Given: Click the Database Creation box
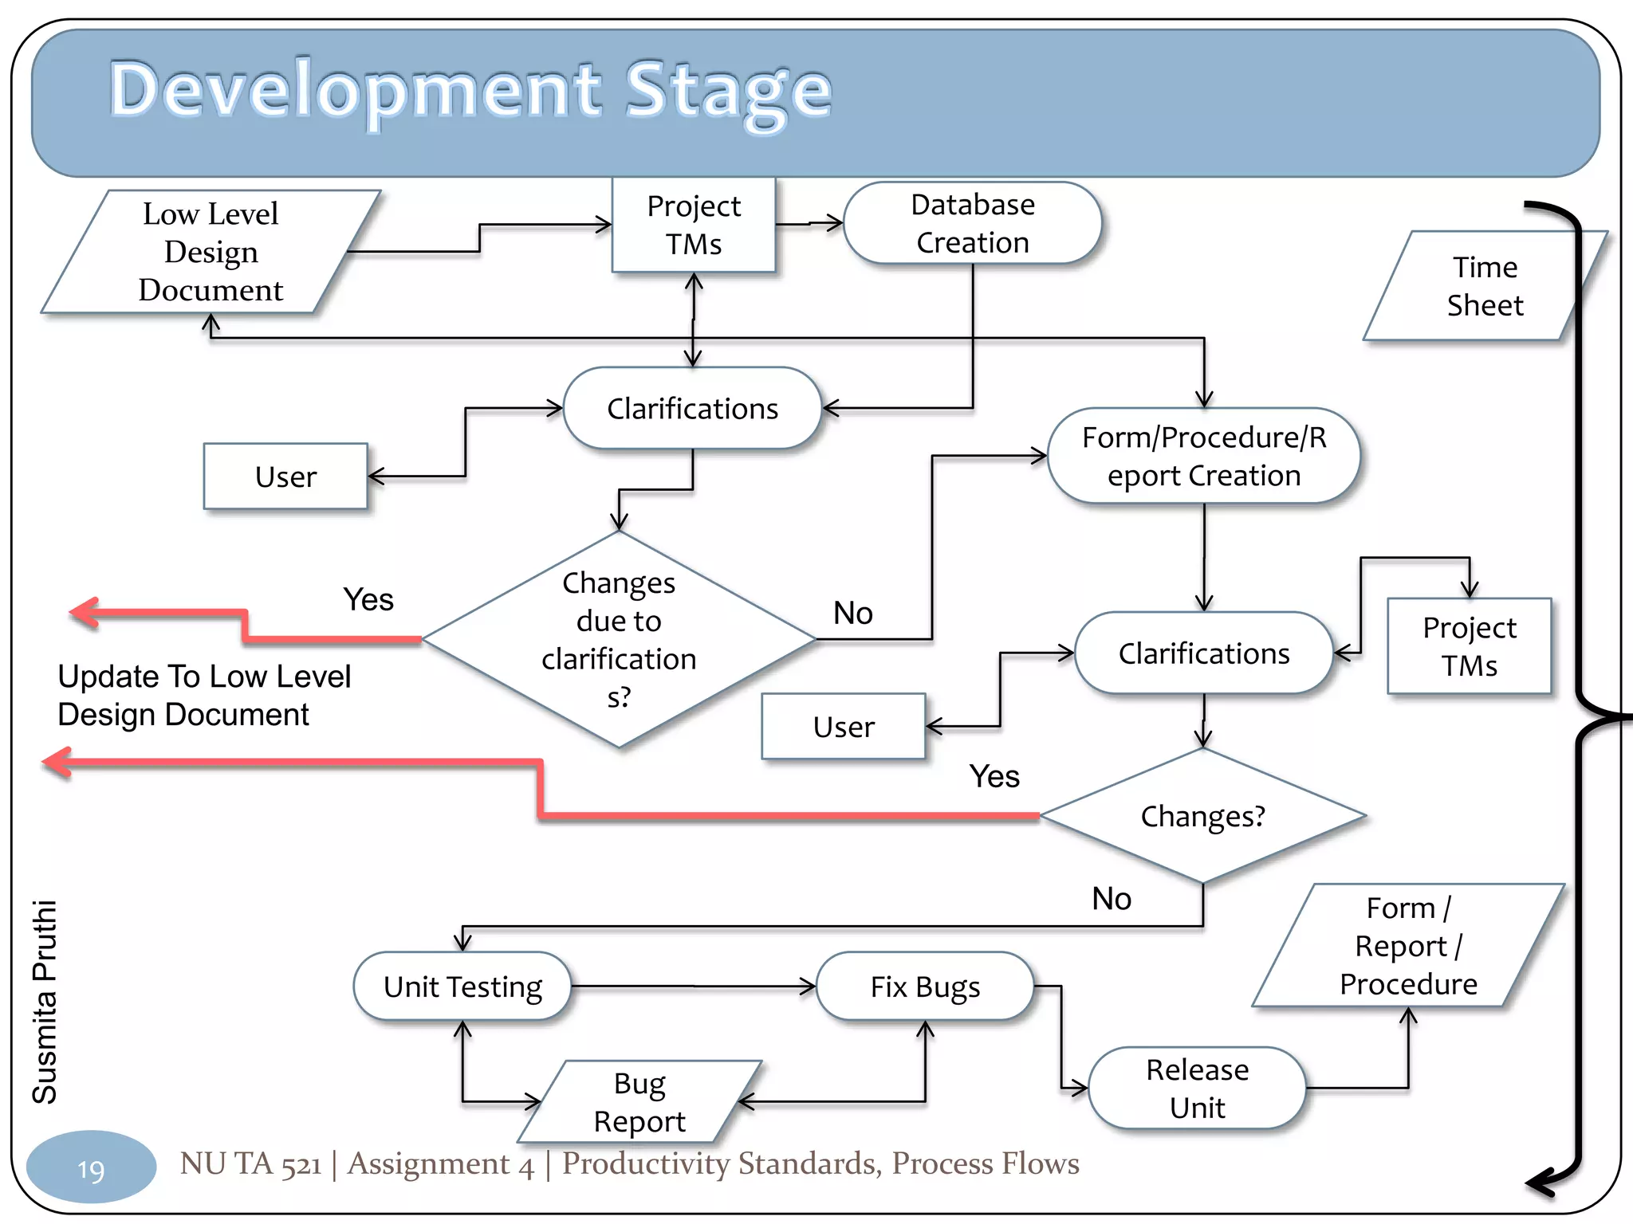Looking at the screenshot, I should [972, 223].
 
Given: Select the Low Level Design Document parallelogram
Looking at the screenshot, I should [211, 252].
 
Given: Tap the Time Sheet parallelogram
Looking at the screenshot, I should [1484, 286].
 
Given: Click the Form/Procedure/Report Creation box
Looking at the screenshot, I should [1203, 456].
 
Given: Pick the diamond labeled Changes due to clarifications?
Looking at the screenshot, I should [619, 639].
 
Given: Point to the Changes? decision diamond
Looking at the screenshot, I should [1202, 816].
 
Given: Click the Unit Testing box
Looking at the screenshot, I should [462, 987].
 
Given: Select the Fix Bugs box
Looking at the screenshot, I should [925, 987].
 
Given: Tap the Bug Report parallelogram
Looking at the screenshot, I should [639, 1102].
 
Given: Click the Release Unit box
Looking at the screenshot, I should [1197, 1088].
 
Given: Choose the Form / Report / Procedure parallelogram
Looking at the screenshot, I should [1408, 946].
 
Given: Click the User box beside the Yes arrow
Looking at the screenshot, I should [844, 727].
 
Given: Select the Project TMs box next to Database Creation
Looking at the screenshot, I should [694, 225].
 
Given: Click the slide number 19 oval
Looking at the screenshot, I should [91, 1168].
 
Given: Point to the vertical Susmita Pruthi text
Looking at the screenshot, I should [45, 1002].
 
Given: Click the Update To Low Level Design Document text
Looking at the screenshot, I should [203, 695].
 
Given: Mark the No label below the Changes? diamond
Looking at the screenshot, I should [1112, 899].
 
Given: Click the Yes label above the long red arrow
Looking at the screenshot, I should [994, 776].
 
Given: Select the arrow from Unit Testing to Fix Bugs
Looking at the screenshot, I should [694, 987].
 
